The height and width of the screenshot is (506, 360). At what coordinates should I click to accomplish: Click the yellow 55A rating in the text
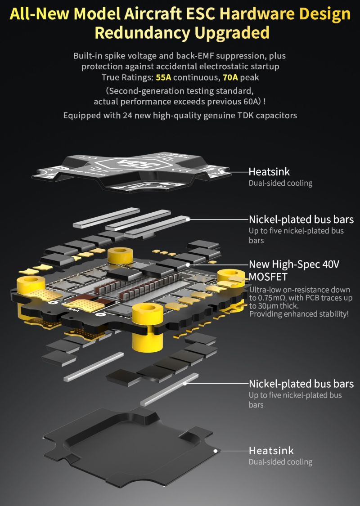[x=163, y=77]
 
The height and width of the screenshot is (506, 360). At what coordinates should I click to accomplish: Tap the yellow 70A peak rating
[x=230, y=77]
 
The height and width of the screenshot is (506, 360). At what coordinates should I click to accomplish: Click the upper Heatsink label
[x=269, y=172]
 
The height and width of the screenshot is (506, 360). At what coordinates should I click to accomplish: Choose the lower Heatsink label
[x=271, y=451]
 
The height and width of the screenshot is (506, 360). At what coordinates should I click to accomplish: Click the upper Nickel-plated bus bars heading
[x=301, y=219]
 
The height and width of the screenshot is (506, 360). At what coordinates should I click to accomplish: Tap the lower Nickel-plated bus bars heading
[x=301, y=384]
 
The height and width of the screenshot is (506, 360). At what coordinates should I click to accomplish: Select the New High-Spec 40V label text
[x=294, y=264]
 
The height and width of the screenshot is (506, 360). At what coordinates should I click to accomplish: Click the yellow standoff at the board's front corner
[x=147, y=326]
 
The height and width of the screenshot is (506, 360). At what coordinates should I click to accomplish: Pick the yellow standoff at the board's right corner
[x=231, y=278]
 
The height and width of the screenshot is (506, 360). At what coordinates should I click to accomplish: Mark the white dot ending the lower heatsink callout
[x=216, y=451]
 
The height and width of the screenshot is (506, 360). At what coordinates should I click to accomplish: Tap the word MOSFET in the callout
[x=268, y=277]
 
